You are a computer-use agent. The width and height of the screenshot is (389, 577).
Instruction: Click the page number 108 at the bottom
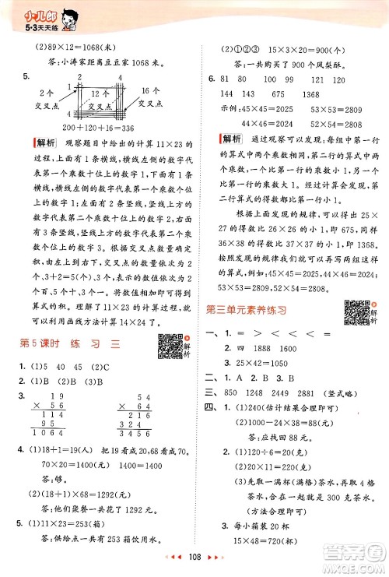pyautogui.click(x=193, y=559)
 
